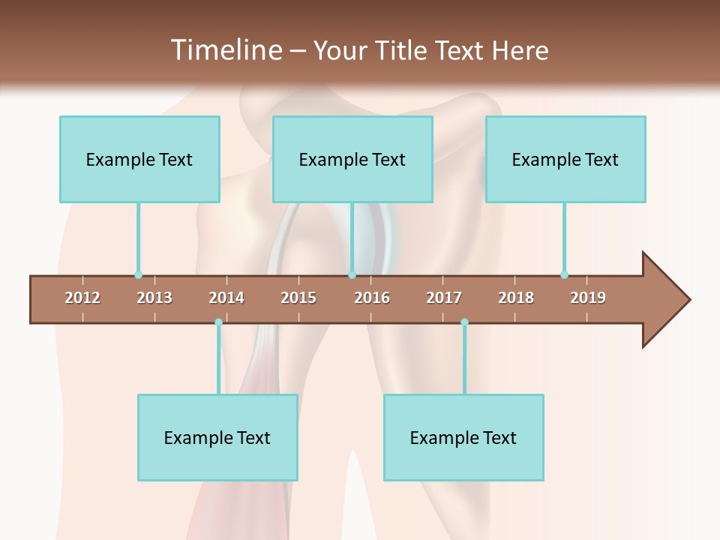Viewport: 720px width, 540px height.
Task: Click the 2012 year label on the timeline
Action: point(82,298)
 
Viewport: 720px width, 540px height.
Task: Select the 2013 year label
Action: point(154,298)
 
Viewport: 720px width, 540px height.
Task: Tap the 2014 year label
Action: point(226,298)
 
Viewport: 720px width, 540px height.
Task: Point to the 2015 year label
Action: point(298,298)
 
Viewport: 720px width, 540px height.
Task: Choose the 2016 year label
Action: point(372,298)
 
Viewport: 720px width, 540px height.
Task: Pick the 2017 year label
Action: point(444,298)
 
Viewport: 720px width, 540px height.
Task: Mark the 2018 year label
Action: point(516,298)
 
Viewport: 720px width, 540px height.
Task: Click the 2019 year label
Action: point(588,298)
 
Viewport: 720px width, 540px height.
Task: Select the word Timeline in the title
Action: point(226,50)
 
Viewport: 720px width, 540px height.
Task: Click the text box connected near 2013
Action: point(139,159)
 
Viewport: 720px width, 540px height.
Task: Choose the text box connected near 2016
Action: point(352,159)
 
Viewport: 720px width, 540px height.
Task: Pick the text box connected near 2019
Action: point(565,159)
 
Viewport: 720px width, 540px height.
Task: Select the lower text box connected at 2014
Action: point(217,437)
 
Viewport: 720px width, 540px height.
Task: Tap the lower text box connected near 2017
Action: point(463,437)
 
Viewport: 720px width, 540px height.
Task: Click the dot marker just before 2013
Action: point(138,274)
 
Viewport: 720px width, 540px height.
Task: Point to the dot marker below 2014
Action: point(218,322)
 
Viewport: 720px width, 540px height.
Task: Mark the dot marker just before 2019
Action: point(564,274)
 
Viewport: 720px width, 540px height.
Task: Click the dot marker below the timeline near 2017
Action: point(464,322)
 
